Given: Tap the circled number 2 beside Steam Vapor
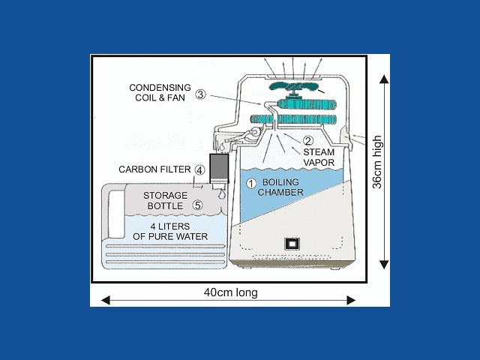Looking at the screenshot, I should [307, 140].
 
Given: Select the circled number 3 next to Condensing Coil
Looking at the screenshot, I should [200, 94].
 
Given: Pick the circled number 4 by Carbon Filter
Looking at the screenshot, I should [200, 169].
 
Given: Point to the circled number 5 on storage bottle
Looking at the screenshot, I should [197, 203].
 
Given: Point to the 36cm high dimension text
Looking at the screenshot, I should [377, 162].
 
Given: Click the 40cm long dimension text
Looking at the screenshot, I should [228, 292].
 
